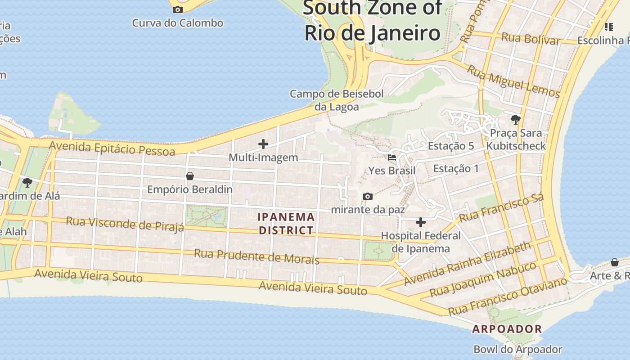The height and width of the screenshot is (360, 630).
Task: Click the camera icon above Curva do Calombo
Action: pyautogui.click(x=178, y=9)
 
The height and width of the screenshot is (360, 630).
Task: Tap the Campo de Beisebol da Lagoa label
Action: pyautogui.click(x=337, y=100)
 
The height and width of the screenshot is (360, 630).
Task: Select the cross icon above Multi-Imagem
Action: pyautogui.click(x=263, y=144)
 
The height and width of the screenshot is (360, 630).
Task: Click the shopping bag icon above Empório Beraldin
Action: pyautogui.click(x=190, y=176)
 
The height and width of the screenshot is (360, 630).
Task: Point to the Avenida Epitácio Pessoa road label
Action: pyautogui.click(x=112, y=148)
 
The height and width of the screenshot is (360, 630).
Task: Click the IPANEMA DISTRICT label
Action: pyautogui.click(x=286, y=224)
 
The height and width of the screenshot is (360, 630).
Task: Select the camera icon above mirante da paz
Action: pyautogui.click(x=368, y=197)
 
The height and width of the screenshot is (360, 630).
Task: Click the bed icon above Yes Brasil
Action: pyautogui.click(x=392, y=157)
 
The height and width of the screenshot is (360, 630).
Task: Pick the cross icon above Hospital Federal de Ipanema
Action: pyautogui.click(x=421, y=222)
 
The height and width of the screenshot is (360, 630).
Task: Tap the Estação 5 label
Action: pyautogui.click(x=451, y=146)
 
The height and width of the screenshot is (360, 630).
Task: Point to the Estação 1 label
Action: pyautogui.click(x=456, y=169)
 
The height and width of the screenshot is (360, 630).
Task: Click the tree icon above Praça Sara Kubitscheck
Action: pyautogui.click(x=516, y=120)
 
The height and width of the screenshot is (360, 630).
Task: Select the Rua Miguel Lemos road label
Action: pyautogui.click(x=513, y=81)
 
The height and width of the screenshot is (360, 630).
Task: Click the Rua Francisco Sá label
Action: pyautogui.click(x=501, y=207)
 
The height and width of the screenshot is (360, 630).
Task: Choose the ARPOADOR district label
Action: pyautogui.click(x=507, y=329)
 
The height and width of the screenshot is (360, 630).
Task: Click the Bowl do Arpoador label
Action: pyautogui.click(x=517, y=349)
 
